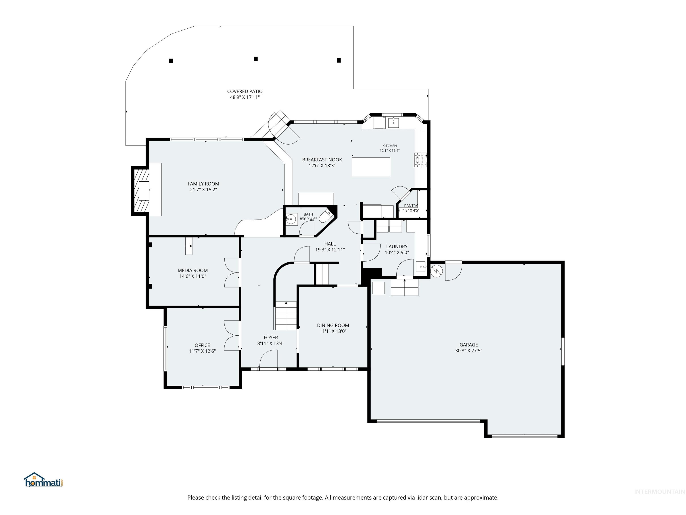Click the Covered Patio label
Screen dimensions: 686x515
[x=245, y=91]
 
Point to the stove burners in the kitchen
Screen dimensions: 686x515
[x=420, y=160]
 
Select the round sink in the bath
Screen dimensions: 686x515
[x=291, y=219]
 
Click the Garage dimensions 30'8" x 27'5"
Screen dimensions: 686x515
[x=468, y=350]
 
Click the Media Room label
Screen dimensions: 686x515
[x=192, y=270]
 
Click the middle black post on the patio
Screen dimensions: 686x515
[x=256, y=59]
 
